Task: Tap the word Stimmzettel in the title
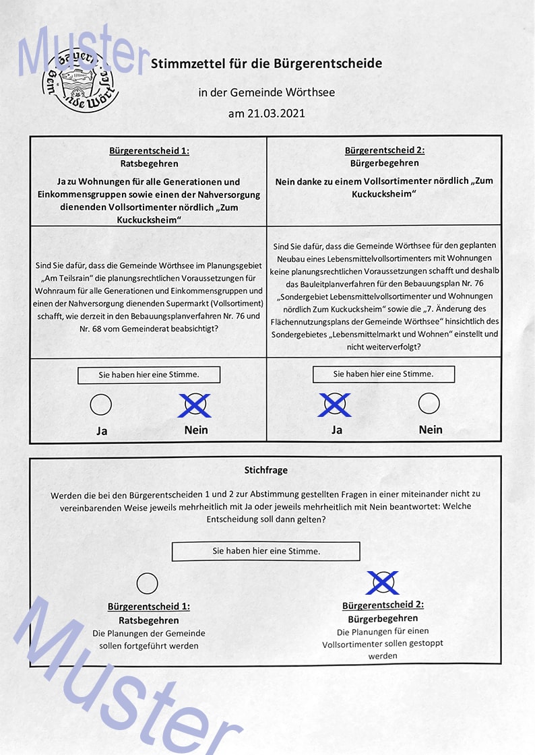click(183, 64)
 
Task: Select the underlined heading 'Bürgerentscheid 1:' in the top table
click(149, 151)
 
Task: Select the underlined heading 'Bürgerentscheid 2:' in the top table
click(385, 151)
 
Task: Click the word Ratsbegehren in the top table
click(149, 164)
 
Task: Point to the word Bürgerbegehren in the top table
click(385, 163)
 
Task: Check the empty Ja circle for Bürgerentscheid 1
click(101, 405)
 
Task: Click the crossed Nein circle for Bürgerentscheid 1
click(195, 405)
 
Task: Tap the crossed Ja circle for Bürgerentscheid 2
click(335, 404)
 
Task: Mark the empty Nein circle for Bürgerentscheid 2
click(429, 403)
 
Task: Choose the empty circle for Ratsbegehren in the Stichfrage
click(148, 583)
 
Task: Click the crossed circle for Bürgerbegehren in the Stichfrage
click(383, 582)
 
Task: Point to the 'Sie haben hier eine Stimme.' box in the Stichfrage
click(266, 551)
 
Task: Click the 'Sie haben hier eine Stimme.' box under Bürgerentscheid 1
click(149, 374)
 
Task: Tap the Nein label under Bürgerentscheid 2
click(431, 429)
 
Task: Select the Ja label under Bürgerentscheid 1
click(102, 431)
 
